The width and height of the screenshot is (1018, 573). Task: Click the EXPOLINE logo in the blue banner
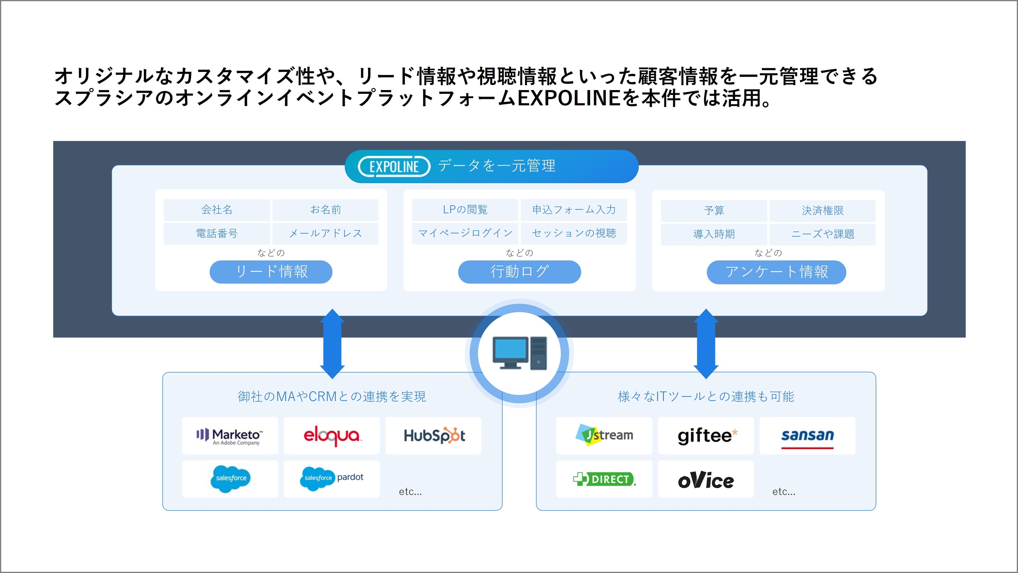(394, 166)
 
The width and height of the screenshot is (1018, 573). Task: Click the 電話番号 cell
(217, 233)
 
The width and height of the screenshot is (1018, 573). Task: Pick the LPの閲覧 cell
(465, 209)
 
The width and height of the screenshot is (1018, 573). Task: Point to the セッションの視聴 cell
(574, 233)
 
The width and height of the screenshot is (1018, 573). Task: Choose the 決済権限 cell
(822, 211)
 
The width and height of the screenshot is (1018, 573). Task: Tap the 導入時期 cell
(714, 234)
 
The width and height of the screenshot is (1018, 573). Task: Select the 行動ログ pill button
(519, 272)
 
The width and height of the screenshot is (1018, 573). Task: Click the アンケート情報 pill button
(776, 272)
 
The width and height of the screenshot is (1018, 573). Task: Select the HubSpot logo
(434, 435)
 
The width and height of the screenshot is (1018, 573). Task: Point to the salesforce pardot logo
(332, 478)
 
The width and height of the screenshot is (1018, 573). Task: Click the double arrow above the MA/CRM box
(332, 344)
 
